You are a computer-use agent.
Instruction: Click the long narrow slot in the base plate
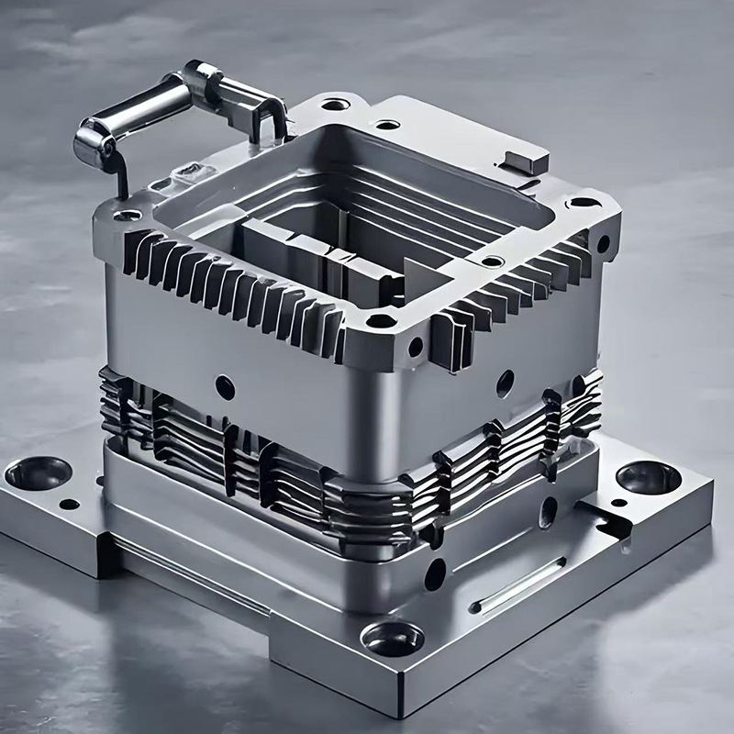click(518, 586)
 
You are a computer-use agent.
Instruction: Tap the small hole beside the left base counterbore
click(70, 504)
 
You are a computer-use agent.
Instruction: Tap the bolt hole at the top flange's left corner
click(129, 215)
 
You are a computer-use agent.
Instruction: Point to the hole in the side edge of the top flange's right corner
click(603, 244)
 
